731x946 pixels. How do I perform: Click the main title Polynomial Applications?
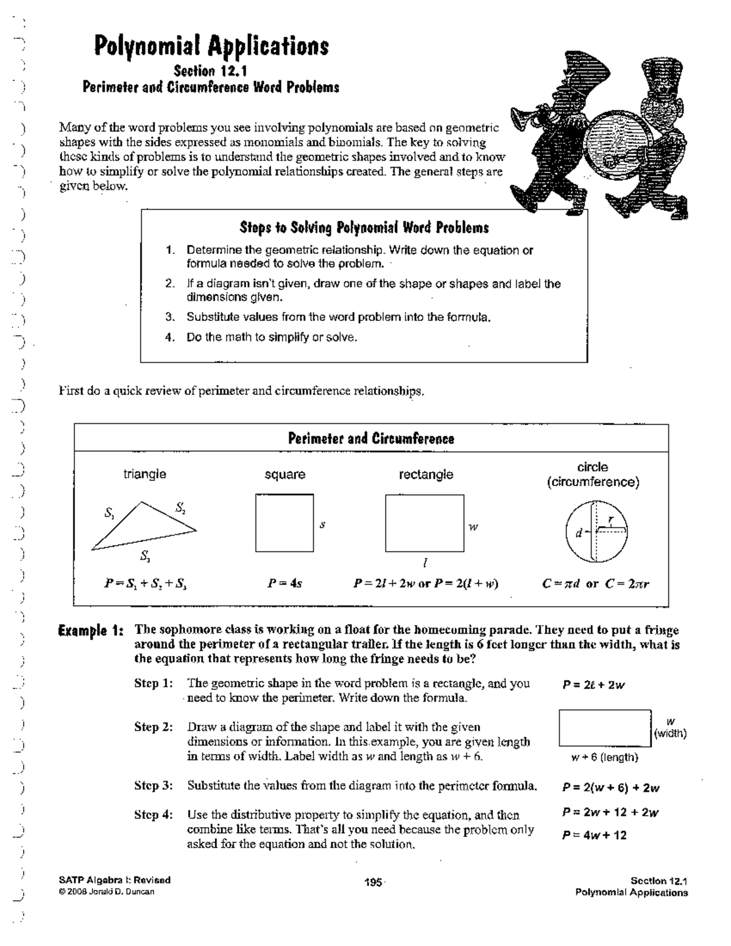(211, 46)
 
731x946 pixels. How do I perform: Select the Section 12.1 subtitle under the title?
(210, 71)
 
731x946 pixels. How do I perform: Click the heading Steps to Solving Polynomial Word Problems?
(364, 228)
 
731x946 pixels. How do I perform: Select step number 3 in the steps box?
(171, 317)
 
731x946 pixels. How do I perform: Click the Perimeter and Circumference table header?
(370, 439)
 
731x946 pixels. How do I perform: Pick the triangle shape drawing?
(144, 526)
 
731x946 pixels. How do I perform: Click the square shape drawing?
(284, 523)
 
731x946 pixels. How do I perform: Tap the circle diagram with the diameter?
(596, 531)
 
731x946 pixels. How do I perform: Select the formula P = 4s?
(284, 584)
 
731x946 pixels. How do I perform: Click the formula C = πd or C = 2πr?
(595, 584)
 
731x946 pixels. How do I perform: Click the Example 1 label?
(91, 630)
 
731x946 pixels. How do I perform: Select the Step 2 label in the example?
(154, 727)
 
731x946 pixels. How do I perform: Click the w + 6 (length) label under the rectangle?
(604, 757)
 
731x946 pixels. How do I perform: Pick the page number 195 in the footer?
(373, 882)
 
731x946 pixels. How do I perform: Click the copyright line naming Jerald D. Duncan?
(107, 892)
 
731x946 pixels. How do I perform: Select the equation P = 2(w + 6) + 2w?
(610, 788)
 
